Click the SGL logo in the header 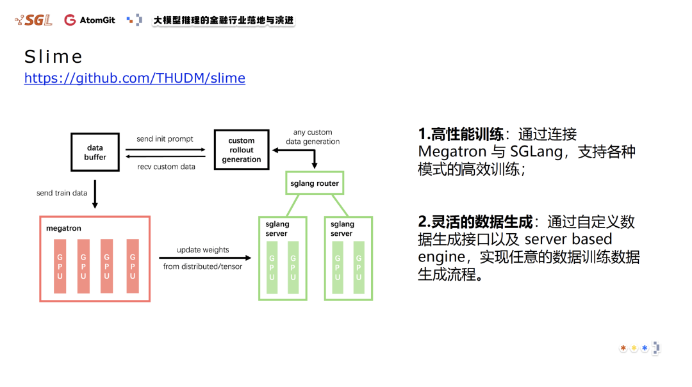click(34, 20)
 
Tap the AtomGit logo click(90, 20)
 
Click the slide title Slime click(54, 57)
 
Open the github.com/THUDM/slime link click(135, 78)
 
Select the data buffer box click(95, 152)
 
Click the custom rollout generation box click(242, 150)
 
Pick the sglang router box click(315, 183)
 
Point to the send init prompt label click(165, 139)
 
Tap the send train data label click(62, 193)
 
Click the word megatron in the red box click(63, 228)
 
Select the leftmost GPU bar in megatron click(60, 266)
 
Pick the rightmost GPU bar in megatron click(133, 266)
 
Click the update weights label click(202, 250)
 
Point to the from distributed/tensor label click(202, 267)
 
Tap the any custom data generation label click(313, 137)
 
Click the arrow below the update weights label click(202, 258)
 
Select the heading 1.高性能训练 click(461, 134)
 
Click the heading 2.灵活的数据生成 click(475, 222)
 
